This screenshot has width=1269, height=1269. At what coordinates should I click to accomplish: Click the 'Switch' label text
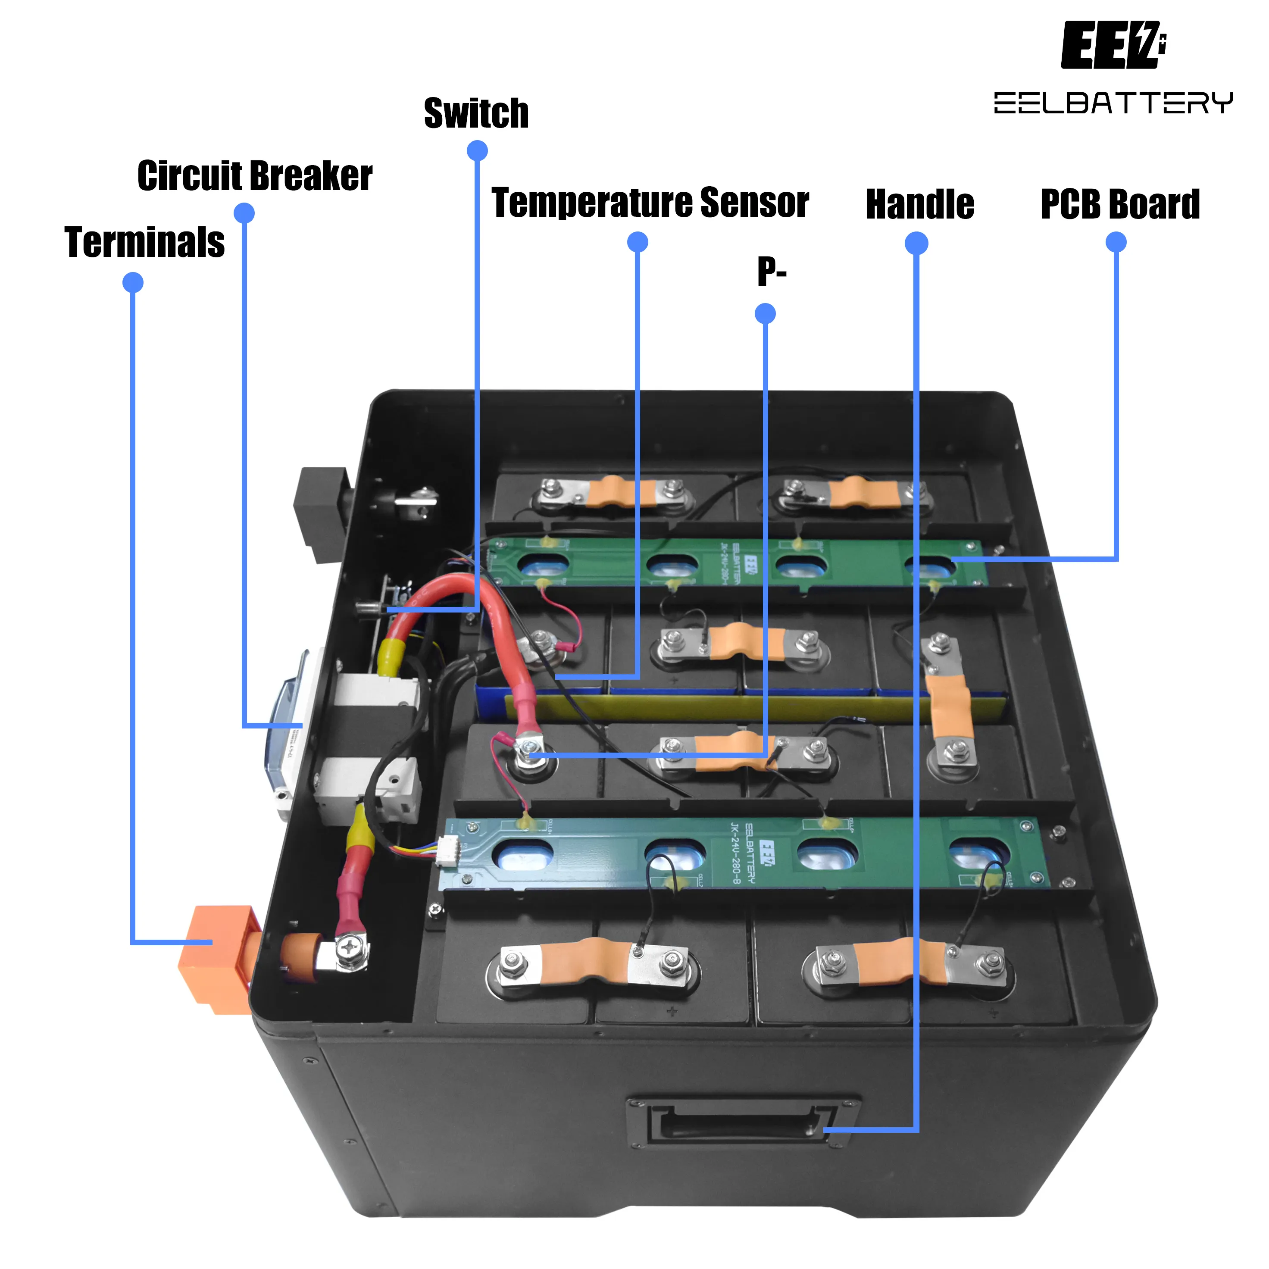pyautogui.click(x=476, y=113)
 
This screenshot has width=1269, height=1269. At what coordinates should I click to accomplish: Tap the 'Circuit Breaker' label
pyautogui.click(x=255, y=175)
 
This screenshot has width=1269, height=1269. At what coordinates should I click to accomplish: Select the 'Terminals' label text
pyautogui.click(x=144, y=242)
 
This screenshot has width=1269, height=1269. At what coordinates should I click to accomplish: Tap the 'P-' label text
pyautogui.click(x=771, y=271)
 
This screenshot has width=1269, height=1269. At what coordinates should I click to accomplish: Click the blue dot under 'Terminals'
pyautogui.click(x=133, y=282)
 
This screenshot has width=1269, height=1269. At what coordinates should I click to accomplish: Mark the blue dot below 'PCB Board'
pyautogui.click(x=1116, y=242)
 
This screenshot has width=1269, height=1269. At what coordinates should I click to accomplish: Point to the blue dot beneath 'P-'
pyautogui.click(x=765, y=313)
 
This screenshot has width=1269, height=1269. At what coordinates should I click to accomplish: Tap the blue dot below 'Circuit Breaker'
pyautogui.click(x=244, y=213)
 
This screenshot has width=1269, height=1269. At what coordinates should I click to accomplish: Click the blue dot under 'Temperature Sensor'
pyautogui.click(x=637, y=242)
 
